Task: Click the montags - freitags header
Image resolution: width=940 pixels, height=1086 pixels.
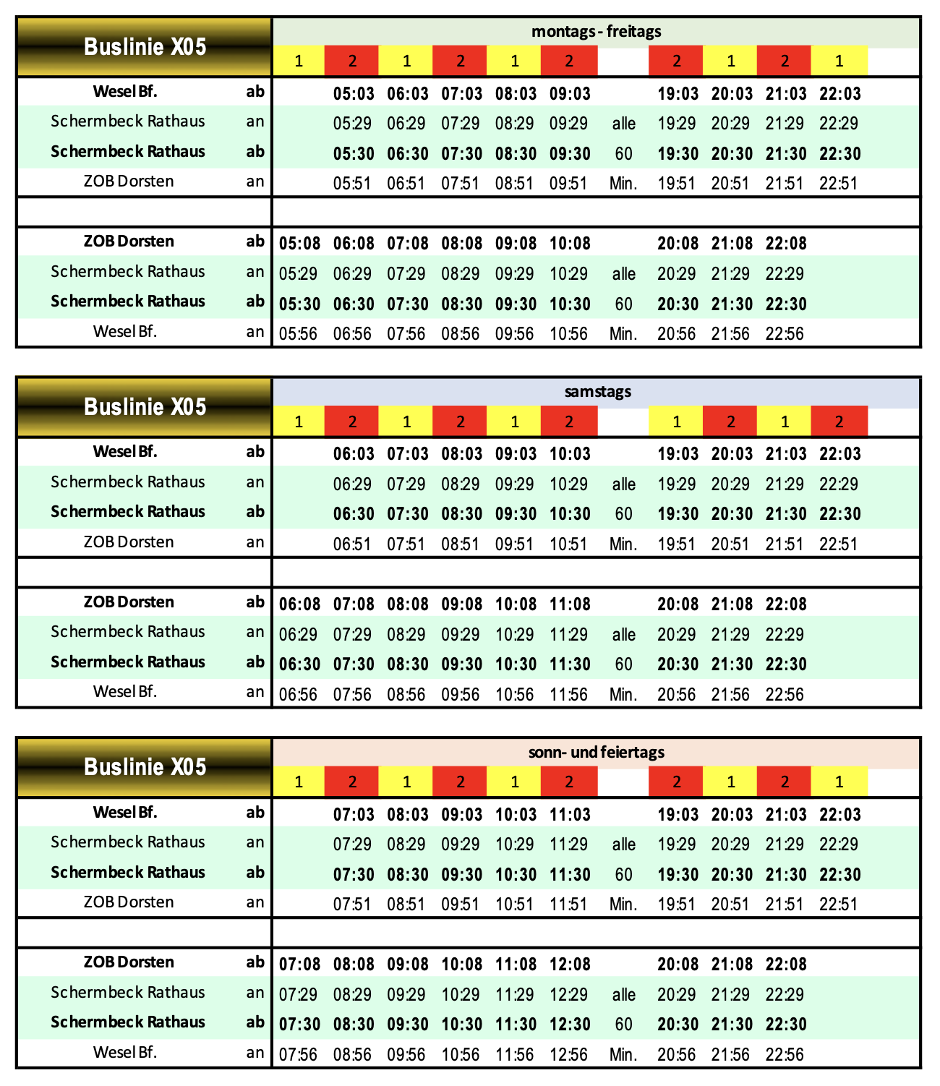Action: tap(596, 31)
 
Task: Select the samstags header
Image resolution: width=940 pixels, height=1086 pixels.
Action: tap(597, 392)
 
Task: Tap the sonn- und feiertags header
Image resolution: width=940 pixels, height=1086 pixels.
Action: tap(596, 752)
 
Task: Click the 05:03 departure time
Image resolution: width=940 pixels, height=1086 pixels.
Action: tap(354, 94)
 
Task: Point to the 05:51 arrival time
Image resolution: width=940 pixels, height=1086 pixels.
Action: tap(352, 184)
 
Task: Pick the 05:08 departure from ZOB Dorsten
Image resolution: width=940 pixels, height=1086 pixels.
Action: tap(299, 244)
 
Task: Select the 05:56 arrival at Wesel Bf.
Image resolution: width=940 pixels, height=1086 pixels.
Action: tap(298, 334)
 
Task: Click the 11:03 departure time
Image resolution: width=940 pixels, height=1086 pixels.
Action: tap(570, 815)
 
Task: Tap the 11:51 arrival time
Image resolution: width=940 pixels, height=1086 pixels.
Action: tap(568, 905)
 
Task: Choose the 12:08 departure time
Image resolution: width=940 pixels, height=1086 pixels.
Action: tap(570, 965)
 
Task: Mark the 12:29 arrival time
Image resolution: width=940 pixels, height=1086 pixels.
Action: tap(568, 995)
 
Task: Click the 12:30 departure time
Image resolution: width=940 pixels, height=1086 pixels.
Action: tap(570, 1025)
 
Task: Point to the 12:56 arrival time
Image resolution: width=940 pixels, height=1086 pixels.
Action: tap(568, 1055)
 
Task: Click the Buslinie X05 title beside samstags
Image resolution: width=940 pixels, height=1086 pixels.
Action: tap(145, 407)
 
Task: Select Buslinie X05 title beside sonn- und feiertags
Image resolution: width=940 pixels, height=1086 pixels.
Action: tap(145, 767)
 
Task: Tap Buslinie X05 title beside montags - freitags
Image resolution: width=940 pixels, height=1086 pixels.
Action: tap(145, 47)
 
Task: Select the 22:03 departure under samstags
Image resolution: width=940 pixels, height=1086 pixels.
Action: tap(839, 454)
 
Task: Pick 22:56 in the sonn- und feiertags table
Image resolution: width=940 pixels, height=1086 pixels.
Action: tap(785, 1055)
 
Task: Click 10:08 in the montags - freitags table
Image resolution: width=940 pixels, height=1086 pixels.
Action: tap(570, 244)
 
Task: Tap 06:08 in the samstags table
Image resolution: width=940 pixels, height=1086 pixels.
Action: tap(299, 604)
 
